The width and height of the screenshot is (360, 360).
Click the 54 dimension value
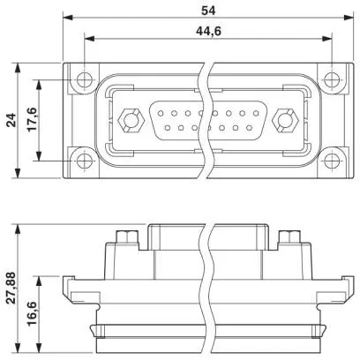[208, 11]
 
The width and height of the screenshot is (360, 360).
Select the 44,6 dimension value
[208, 31]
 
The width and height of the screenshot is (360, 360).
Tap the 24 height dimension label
[11, 120]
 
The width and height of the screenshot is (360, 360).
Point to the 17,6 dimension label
[32, 119]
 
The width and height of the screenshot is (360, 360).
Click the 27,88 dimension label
[11, 289]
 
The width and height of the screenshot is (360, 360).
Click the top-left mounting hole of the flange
[85, 79]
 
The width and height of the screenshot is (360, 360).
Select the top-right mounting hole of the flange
[332, 79]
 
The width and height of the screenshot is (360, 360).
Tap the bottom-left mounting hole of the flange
[85, 161]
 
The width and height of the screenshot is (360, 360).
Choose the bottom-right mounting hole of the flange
[332, 161]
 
